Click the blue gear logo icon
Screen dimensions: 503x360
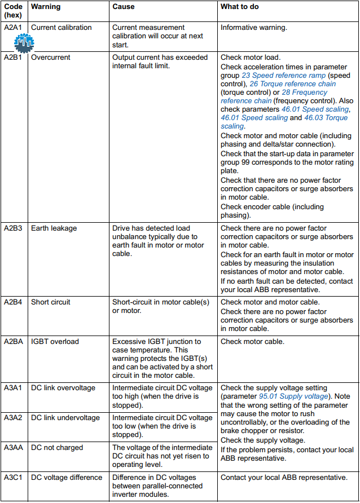(x=24, y=43)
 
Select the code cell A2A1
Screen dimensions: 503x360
(x=14, y=27)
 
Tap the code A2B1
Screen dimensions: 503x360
(x=14, y=57)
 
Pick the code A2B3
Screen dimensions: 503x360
(x=14, y=228)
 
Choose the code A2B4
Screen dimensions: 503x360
(x=14, y=302)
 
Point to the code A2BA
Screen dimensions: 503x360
(x=14, y=341)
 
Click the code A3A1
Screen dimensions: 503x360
(x=14, y=387)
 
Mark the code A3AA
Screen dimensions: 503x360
(x=14, y=447)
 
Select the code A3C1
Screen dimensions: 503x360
(x=14, y=477)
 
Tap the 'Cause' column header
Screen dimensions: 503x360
(x=124, y=7)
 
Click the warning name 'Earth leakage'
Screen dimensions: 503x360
(x=54, y=228)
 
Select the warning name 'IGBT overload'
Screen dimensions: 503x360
(x=55, y=341)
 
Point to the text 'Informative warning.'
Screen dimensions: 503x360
(x=253, y=27)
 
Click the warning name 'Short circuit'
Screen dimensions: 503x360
(x=51, y=302)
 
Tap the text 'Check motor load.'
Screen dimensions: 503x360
(x=251, y=57)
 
